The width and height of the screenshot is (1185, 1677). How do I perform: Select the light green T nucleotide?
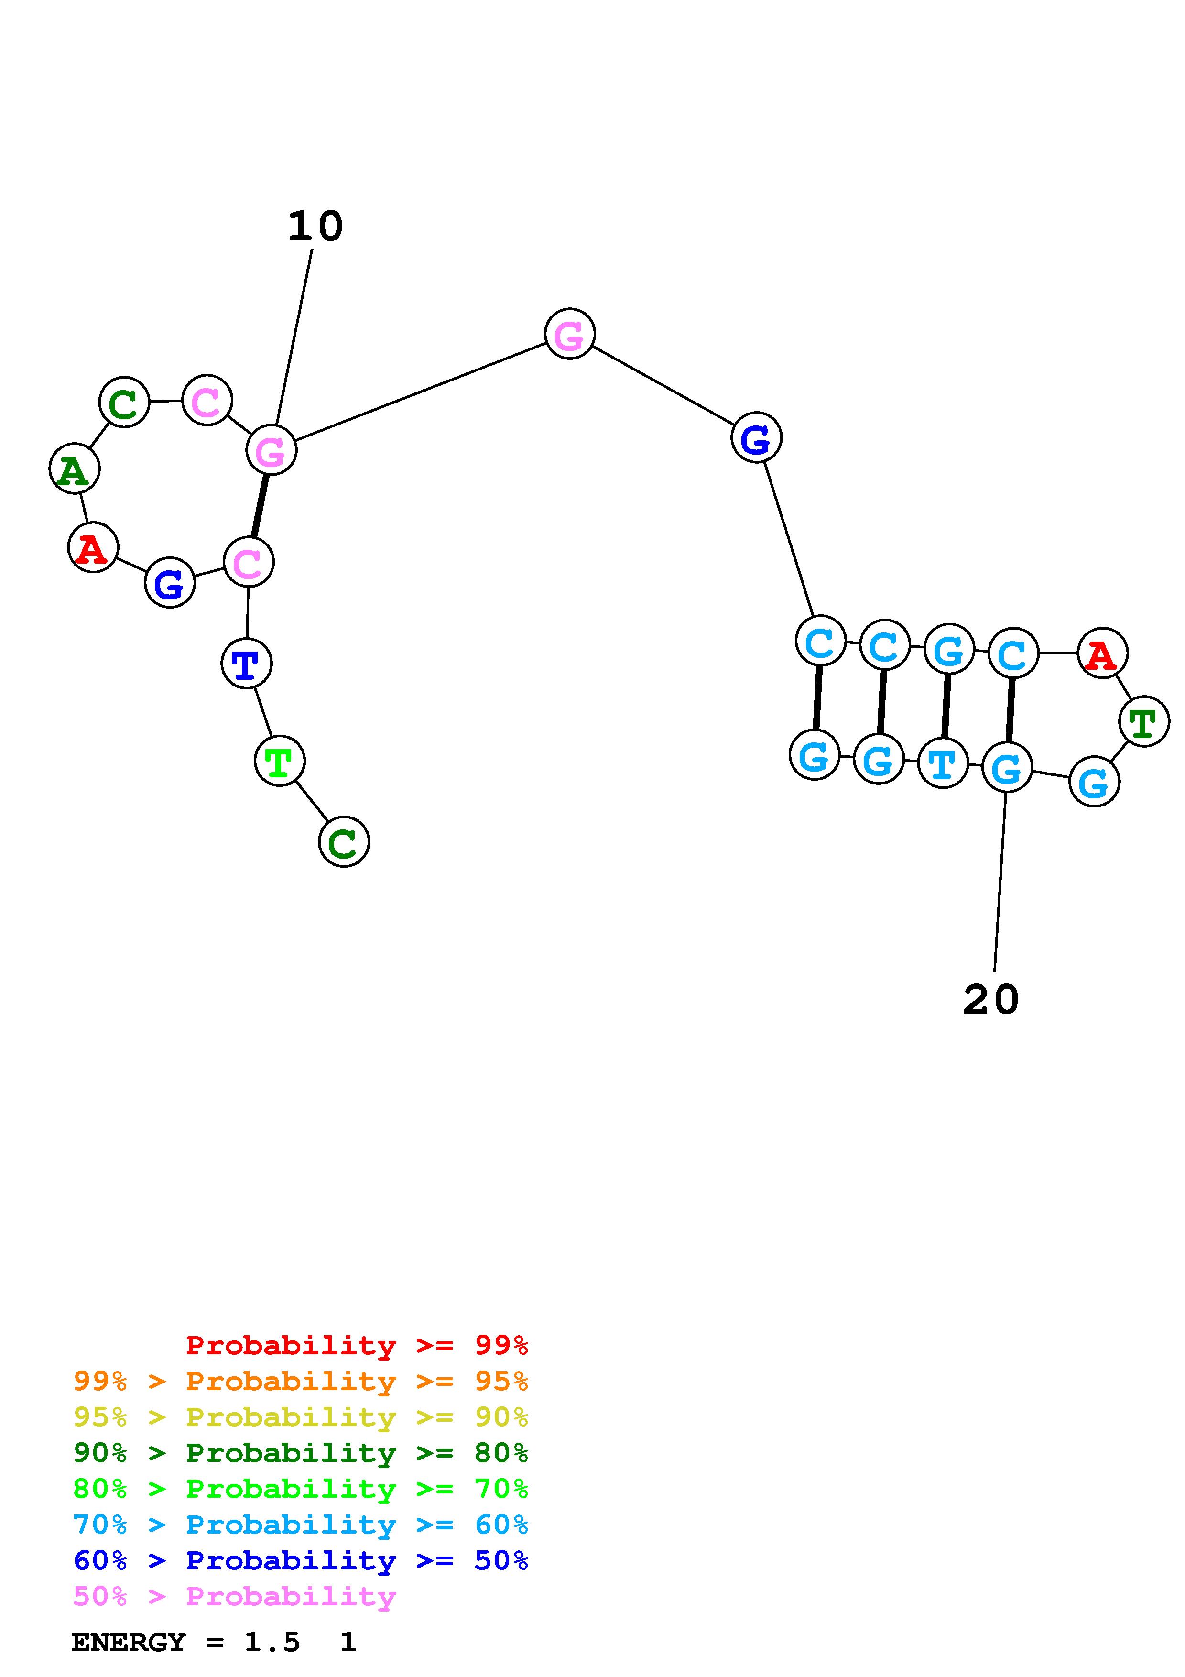[x=280, y=762]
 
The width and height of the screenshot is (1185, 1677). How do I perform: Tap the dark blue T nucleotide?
[x=246, y=664]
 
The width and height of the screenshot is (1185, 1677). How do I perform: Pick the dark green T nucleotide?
[x=1143, y=722]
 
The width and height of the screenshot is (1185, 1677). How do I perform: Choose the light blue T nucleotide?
[x=943, y=763]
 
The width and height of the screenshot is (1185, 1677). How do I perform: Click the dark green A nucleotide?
[x=74, y=469]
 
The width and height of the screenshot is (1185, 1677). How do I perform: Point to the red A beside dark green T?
[x=1102, y=653]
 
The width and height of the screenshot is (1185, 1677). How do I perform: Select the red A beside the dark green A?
[x=93, y=548]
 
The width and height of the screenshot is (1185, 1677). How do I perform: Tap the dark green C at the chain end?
[x=343, y=842]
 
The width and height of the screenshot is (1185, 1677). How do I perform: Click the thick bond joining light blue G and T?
[x=946, y=706]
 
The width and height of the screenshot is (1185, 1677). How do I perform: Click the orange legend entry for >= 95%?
[x=301, y=1381]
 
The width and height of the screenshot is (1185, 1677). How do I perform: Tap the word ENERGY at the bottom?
[x=129, y=1643]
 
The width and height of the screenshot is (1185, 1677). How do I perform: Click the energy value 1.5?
[x=272, y=1643]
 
